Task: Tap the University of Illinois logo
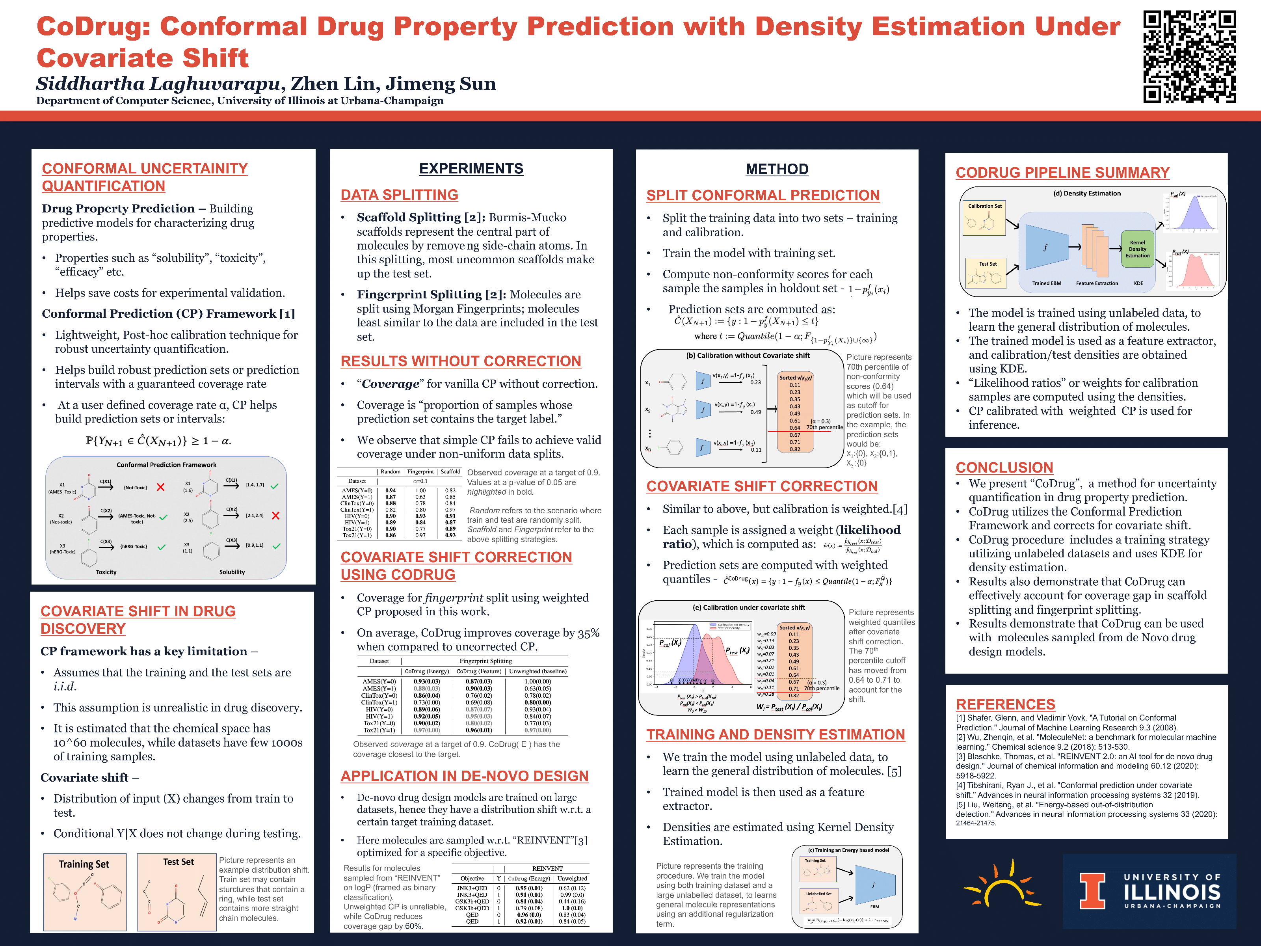(1149, 891)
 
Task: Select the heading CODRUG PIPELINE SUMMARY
(1062, 173)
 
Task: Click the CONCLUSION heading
(1004, 467)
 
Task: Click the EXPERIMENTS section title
(471, 169)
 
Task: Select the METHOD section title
(776, 169)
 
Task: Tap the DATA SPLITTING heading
(399, 195)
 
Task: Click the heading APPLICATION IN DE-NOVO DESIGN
(464, 776)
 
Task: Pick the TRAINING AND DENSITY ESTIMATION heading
(775, 734)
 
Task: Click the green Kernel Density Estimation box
(1137, 249)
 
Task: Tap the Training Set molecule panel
(85, 892)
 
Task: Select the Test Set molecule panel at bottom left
(177, 892)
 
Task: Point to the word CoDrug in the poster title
(93, 27)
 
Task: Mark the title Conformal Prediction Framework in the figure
(166, 465)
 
